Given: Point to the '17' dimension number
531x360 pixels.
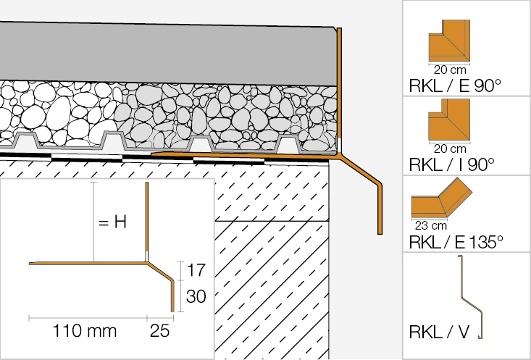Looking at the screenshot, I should [x=196, y=272].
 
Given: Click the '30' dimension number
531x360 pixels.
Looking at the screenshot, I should [x=196, y=296].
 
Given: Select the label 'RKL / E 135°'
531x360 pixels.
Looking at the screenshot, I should [x=456, y=242].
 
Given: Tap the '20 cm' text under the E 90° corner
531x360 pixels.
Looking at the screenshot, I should [x=450, y=71].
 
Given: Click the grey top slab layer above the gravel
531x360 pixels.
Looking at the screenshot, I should [x=167, y=54].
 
